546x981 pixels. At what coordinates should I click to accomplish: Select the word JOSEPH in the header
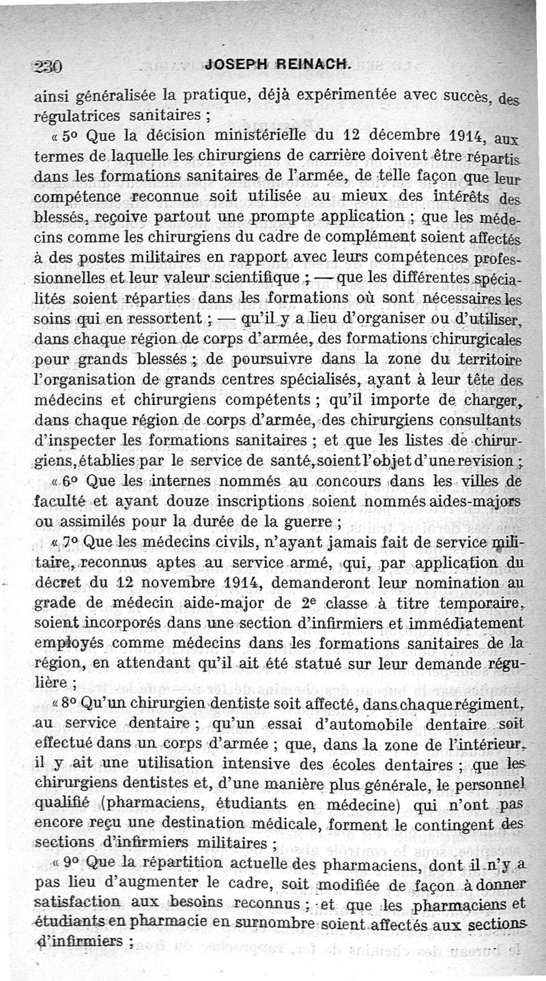237,66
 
